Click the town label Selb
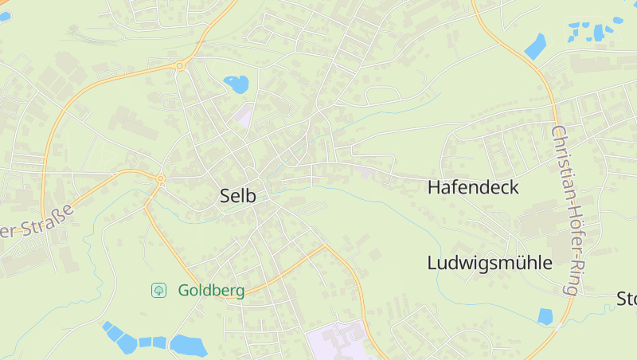(x=238, y=196)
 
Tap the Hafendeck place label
(x=473, y=188)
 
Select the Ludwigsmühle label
(x=489, y=263)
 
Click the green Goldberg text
(x=211, y=291)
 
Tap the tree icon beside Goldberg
(x=159, y=291)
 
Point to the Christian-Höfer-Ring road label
(x=565, y=210)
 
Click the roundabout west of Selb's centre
(x=160, y=179)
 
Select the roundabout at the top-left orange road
(x=180, y=66)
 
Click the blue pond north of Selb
(x=236, y=83)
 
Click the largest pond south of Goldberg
(x=188, y=346)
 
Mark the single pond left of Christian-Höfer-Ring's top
(x=536, y=46)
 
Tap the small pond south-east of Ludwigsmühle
(x=545, y=316)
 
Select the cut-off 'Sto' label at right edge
(x=627, y=299)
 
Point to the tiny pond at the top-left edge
(x=4, y=17)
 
